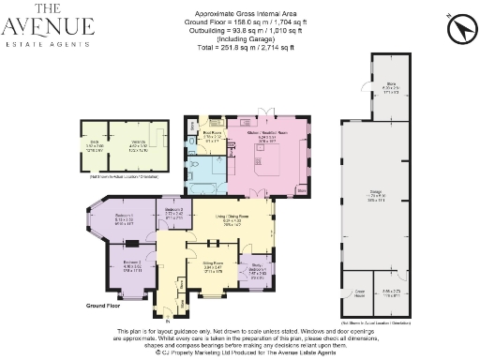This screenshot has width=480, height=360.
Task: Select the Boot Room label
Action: [212, 135]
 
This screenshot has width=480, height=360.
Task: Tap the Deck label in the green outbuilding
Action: [95, 146]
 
